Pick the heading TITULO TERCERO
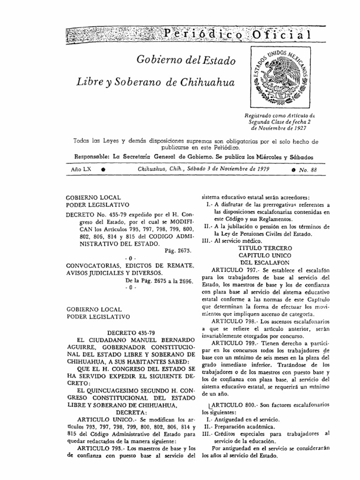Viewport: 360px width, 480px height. point(265,247)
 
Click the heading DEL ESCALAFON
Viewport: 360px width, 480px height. point(265,262)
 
